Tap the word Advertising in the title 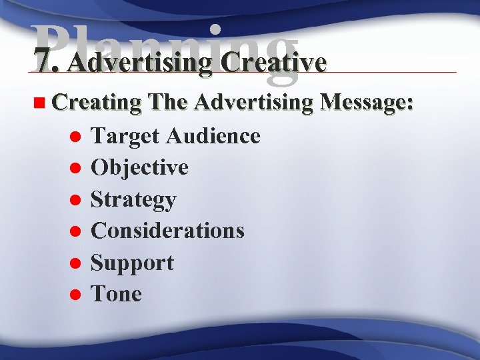click(x=139, y=63)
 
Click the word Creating click(x=97, y=105)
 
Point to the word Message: click(x=367, y=105)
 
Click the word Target click(x=125, y=136)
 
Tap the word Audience click(x=213, y=136)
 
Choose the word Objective click(x=139, y=168)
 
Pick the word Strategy click(x=133, y=200)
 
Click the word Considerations click(x=167, y=231)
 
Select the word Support click(x=132, y=263)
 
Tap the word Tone click(x=116, y=294)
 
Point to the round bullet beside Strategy click(x=75, y=200)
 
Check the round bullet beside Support click(x=75, y=263)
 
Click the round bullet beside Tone click(x=75, y=295)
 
